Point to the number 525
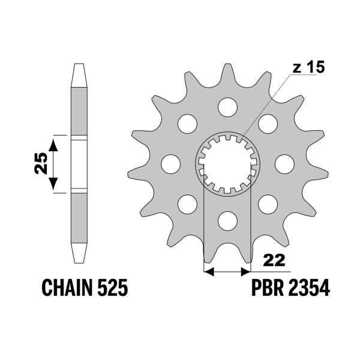click(x=112, y=289)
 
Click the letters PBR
click(x=266, y=289)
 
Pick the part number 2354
click(x=310, y=289)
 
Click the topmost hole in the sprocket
click(x=227, y=107)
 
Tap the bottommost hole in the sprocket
click(x=227, y=220)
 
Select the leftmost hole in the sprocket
click(x=171, y=163)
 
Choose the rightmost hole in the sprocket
click(x=283, y=163)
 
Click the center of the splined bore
click(x=227, y=163)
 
